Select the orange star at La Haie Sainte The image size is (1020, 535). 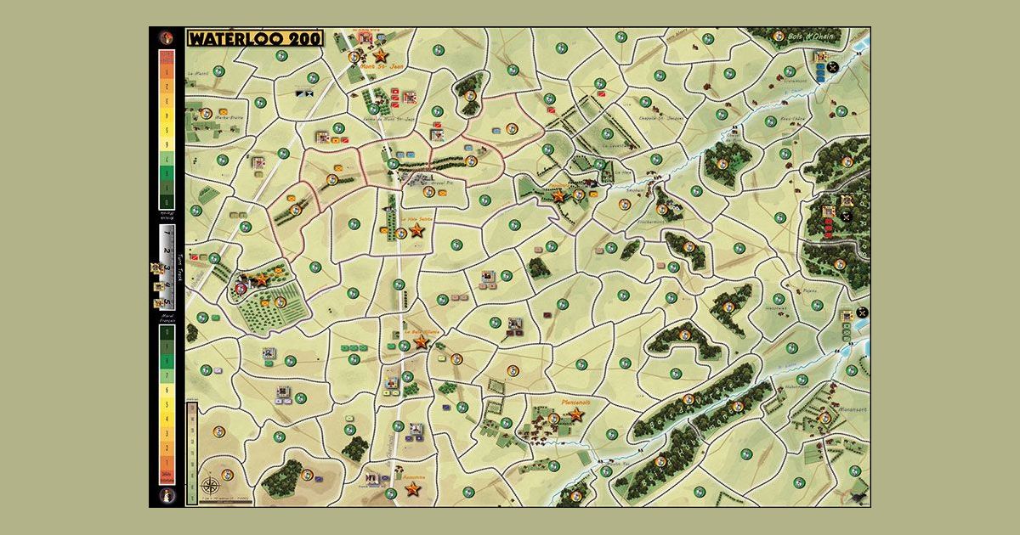pyautogui.click(x=416, y=229)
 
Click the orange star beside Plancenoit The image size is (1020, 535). pyautogui.click(x=575, y=414)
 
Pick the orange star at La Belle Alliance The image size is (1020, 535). pyautogui.click(x=420, y=341)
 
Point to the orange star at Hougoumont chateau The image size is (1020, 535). pyautogui.click(x=261, y=279)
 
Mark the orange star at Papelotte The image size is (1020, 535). pyautogui.click(x=558, y=195)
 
